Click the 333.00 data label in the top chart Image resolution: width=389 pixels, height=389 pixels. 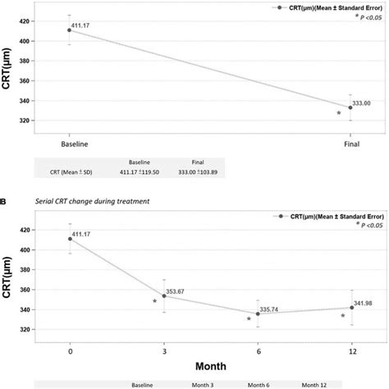click(364, 103)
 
